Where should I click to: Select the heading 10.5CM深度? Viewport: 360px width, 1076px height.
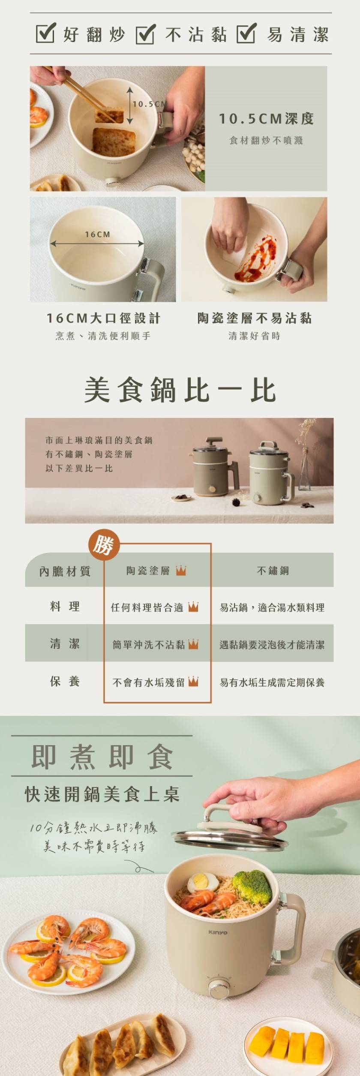click(x=266, y=119)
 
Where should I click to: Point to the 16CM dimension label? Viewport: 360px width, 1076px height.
click(x=97, y=234)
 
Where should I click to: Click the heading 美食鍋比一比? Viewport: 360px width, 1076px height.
click(x=180, y=390)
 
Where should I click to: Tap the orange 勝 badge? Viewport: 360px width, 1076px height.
click(x=103, y=546)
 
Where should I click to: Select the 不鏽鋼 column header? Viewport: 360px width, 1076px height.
click(x=273, y=571)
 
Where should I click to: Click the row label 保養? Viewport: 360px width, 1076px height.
click(x=65, y=682)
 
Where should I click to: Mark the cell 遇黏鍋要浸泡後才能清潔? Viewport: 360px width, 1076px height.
click(x=272, y=645)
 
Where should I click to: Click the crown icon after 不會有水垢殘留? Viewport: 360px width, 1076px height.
click(x=193, y=682)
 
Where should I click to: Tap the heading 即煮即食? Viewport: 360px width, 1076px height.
click(x=102, y=757)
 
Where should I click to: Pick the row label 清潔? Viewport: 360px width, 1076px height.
click(x=65, y=644)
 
